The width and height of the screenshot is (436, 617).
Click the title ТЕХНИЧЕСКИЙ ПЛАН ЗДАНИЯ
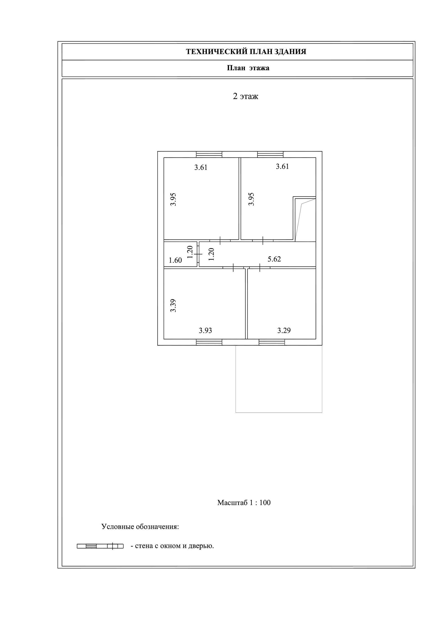246,52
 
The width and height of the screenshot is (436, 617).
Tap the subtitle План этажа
248,68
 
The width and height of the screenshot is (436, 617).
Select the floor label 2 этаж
245,96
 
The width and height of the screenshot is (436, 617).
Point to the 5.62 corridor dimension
274,259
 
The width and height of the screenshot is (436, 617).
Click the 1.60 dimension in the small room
175,260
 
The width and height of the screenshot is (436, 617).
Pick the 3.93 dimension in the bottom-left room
205,331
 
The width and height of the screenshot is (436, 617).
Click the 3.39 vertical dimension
173,305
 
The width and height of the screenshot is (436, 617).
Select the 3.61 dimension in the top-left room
201,167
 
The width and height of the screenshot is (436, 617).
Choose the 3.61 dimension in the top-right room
282,167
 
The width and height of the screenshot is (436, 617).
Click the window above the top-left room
209,154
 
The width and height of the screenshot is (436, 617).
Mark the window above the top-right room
270,154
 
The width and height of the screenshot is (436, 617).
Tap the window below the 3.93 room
209,342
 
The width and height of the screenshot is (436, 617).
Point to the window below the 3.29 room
272,342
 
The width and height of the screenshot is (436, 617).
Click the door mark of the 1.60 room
198,254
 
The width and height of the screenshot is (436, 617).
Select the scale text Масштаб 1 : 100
244,503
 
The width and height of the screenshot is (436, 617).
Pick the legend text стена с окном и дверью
172,546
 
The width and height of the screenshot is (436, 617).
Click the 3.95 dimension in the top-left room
173,199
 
